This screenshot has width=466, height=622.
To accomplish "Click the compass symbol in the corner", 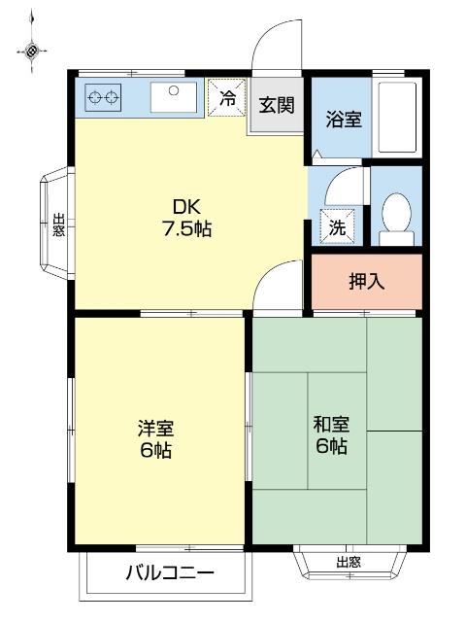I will (x=32, y=50).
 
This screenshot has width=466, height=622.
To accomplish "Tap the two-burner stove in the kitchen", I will (x=105, y=96).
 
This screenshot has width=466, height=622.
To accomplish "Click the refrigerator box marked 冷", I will (x=226, y=97).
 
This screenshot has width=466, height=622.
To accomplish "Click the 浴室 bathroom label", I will (x=343, y=120).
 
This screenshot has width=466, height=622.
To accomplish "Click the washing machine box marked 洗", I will (x=338, y=228).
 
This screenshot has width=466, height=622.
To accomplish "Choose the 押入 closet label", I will (x=366, y=282).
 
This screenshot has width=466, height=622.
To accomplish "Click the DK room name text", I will (x=186, y=207).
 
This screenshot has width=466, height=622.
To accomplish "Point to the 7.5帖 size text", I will (x=186, y=230).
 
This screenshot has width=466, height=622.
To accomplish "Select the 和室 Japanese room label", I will (x=330, y=425).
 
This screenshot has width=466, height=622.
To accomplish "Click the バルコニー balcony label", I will (x=168, y=572).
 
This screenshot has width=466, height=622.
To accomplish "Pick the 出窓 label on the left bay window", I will (x=57, y=225).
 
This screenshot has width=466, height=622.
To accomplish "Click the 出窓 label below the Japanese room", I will (x=348, y=561).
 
